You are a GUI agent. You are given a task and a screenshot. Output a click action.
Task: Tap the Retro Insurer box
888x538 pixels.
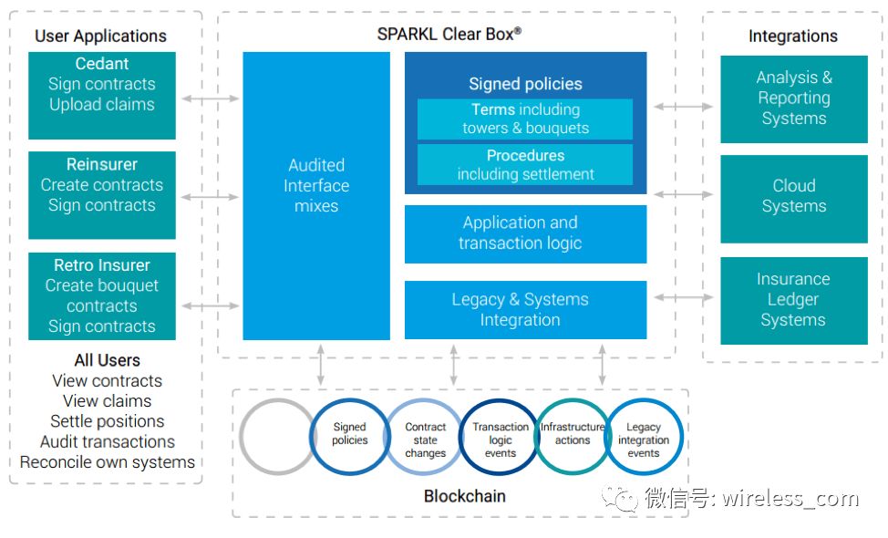point(102,296)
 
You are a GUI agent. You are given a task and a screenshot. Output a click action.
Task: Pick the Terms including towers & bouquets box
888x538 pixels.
point(525,119)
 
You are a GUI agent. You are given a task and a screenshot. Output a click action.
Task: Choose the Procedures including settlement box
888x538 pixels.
point(525,165)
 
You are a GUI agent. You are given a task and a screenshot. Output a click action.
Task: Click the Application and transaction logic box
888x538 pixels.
point(525,233)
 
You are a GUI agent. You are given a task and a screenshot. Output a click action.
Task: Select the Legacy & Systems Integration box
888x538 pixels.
point(525,310)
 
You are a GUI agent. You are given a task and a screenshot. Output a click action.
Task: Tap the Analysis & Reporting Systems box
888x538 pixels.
point(793,98)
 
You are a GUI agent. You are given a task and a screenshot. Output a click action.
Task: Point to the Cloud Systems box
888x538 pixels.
point(793,196)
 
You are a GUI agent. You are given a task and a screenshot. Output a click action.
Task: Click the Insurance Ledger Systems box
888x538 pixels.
point(793,300)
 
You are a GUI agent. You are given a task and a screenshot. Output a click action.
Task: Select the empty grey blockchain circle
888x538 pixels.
point(278,436)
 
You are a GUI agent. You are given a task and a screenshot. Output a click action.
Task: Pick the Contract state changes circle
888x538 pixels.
point(425,440)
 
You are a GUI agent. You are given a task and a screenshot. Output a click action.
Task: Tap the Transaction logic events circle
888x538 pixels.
point(500,440)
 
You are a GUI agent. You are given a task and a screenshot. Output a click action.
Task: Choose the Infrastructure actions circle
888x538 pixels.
point(572,434)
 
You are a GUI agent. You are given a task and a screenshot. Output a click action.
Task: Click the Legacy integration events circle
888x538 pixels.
point(644,440)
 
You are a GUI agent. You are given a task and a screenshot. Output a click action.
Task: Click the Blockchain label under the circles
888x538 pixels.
point(464,497)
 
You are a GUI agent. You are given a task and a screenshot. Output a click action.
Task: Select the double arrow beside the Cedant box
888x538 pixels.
point(209,98)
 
